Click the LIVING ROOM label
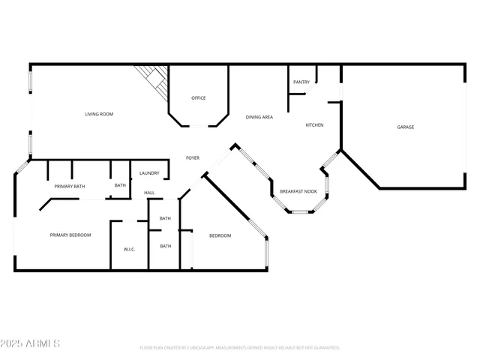coord(98,114)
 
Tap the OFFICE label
coord(198,98)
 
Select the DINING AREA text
coord(259,117)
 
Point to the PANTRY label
coord(301,82)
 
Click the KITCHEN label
coord(314,125)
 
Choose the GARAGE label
coord(405,127)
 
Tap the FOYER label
coord(193,157)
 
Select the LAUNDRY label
coord(149,173)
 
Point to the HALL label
coord(149,193)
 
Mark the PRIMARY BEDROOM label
coord(70,235)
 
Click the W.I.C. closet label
coord(128,249)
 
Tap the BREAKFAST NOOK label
coord(298,192)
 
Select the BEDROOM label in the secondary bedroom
coord(220,236)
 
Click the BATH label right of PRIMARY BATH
coord(120,185)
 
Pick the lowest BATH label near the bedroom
coord(165,246)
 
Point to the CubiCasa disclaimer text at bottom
coord(239,348)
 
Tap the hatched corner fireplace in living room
coord(152,79)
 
